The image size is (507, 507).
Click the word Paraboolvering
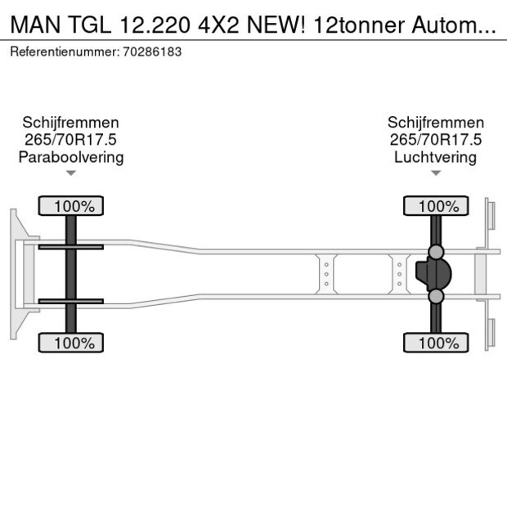(71, 157)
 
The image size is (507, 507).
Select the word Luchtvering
(435, 157)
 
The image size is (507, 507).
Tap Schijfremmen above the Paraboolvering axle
(71, 123)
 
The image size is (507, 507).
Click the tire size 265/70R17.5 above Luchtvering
(435, 140)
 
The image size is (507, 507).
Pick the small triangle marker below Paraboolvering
(71, 173)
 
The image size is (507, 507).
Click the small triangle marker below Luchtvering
(435, 173)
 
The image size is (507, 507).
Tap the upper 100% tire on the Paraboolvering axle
(71, 206)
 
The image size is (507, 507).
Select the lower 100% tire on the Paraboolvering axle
(71, 343)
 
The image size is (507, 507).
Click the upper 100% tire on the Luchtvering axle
(436, 206)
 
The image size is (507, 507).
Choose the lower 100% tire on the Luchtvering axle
(436, 343)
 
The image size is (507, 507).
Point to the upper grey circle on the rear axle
(437, 251)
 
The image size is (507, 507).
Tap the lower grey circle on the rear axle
(437, 296)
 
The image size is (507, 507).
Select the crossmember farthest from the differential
(325, 274)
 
